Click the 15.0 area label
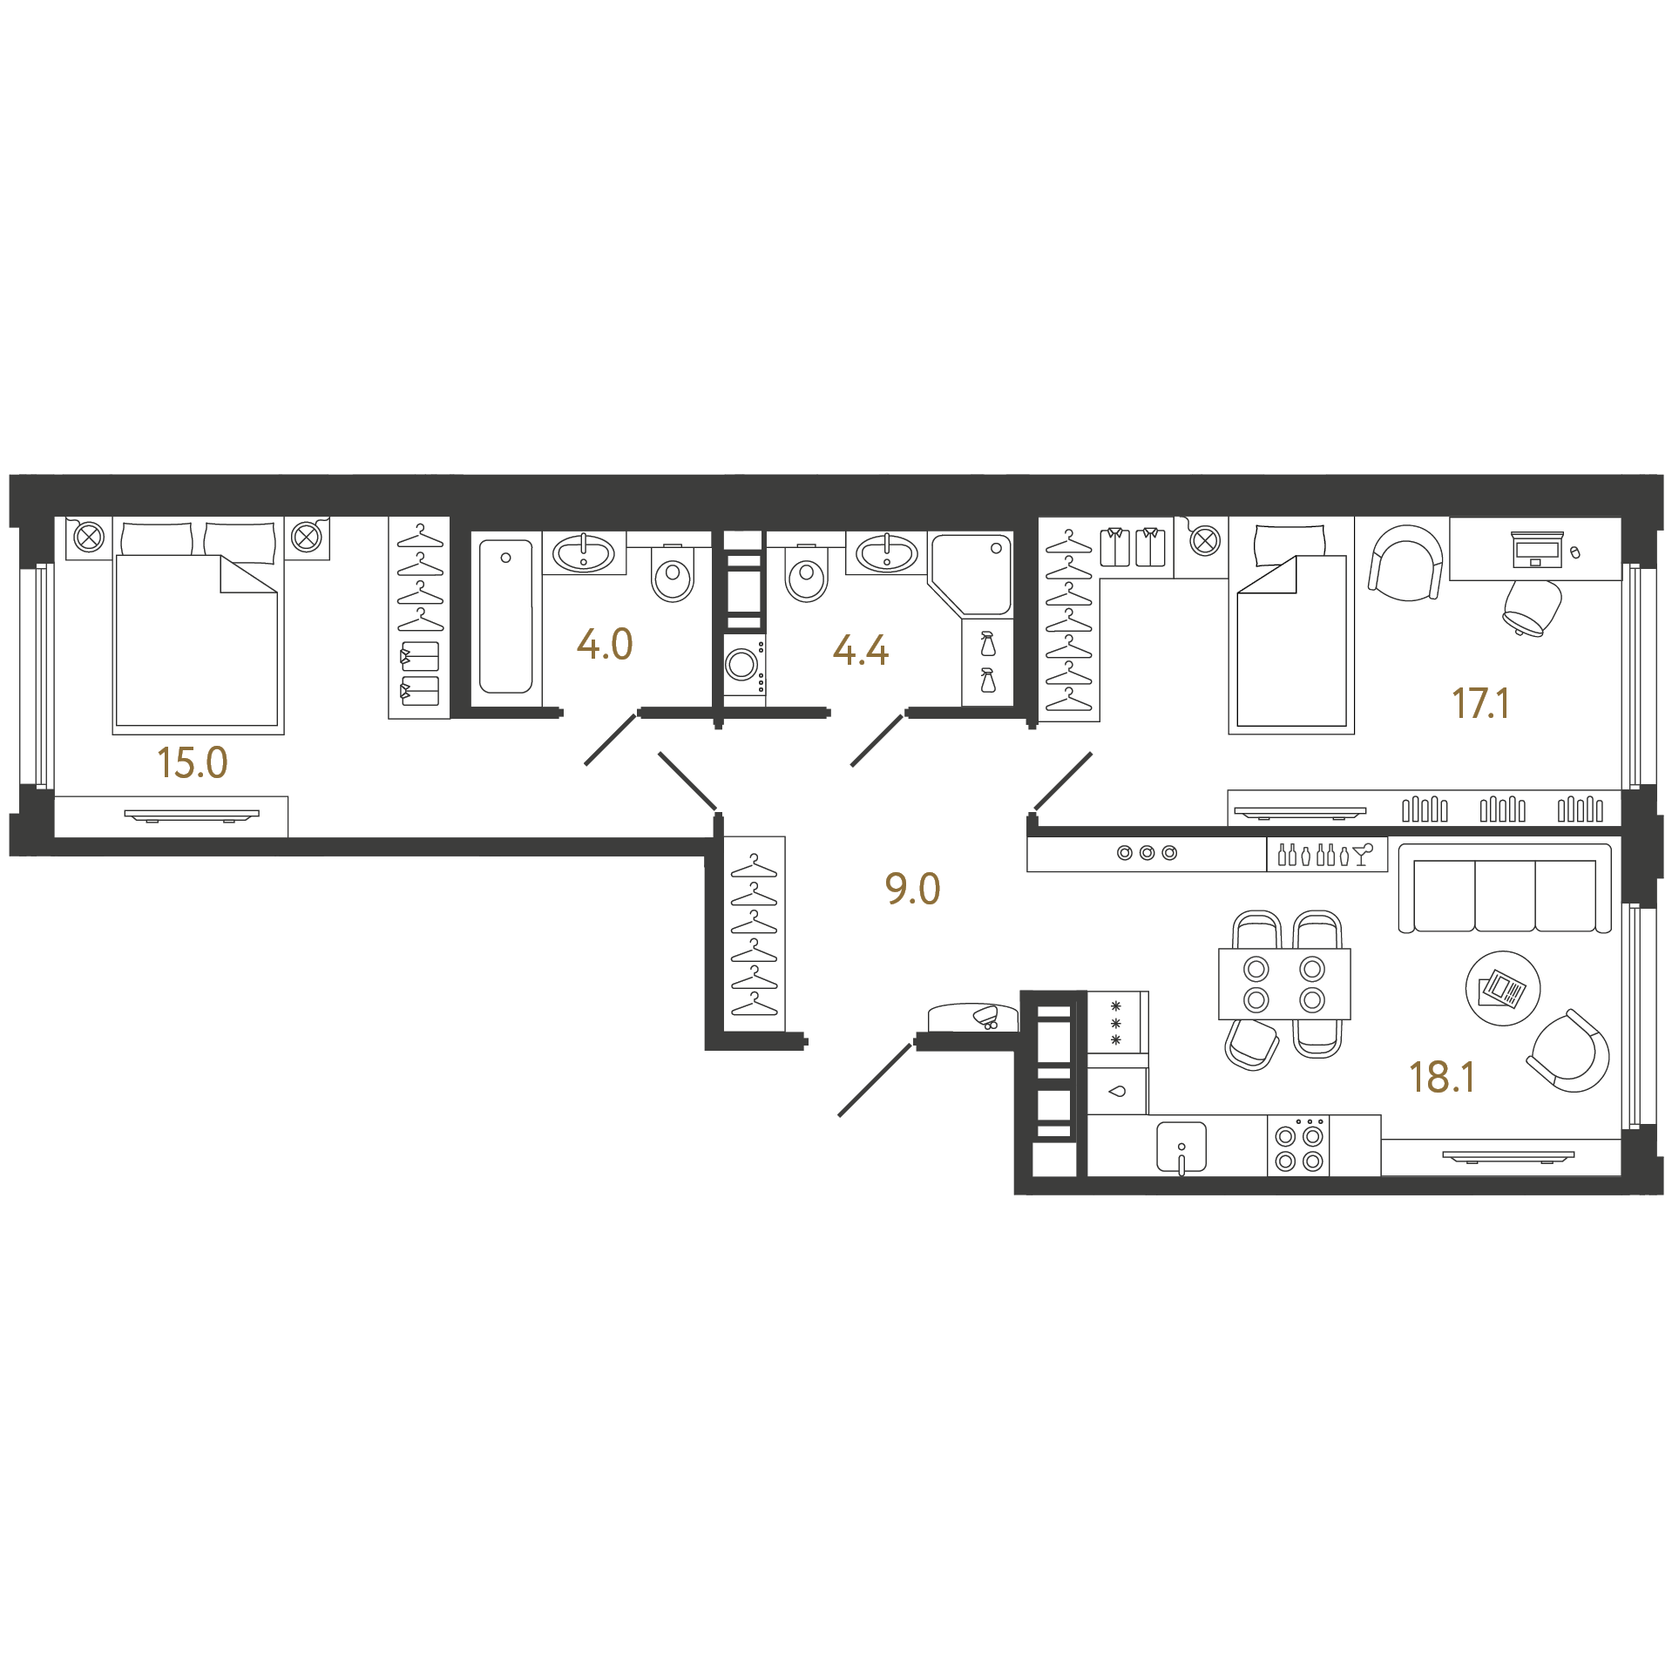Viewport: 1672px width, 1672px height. (x=193, y=762)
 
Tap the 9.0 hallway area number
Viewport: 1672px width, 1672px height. (x=912, y=889)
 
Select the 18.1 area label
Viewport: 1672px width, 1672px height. (x=1442, y=1078)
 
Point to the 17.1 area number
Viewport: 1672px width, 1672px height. (x=1480, y=704)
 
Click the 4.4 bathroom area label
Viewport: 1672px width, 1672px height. (x=861, y=650)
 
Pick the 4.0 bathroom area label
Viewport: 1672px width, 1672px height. (x=605, y=645)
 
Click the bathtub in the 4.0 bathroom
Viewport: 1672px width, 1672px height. (x=505, y=617)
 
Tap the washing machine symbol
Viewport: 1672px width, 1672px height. (x=744, y=666)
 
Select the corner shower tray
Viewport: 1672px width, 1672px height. (x=971, y=573)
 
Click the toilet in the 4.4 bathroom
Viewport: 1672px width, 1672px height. (x=807, y=573)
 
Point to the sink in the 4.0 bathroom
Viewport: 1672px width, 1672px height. (x=584, y=552)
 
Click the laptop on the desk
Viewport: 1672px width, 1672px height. (x=1537, y=549)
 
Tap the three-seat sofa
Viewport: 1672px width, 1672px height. (x=1505, y=888)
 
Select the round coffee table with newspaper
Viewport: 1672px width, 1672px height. (x=1503, y=988)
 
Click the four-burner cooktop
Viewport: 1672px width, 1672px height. (x=1298, y=1147)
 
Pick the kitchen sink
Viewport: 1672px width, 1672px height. (x=1181, y=1147)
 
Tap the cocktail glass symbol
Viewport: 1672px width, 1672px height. (x=1364, y=854)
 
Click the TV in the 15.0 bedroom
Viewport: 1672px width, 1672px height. (x=192, y=816)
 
